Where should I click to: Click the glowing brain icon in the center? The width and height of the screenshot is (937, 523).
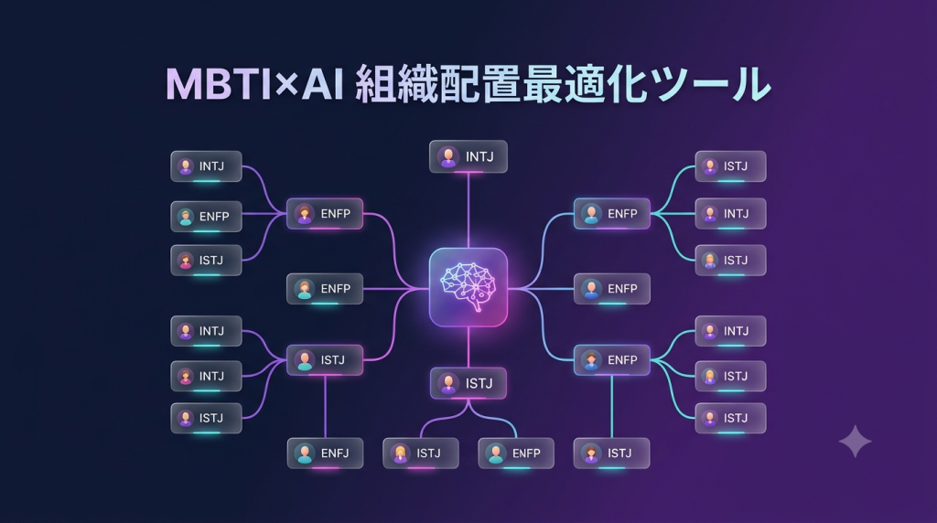pos(468,287)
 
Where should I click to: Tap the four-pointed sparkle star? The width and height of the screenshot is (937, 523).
pos(856,442)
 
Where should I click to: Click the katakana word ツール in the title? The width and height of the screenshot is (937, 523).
pos(710,85)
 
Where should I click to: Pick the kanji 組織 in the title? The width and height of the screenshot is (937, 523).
pos(396,85)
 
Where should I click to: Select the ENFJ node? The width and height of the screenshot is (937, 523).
pos(325,454)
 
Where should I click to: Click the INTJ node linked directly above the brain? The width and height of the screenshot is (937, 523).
pos(468,156)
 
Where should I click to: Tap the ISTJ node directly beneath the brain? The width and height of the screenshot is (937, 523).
pos(468,383)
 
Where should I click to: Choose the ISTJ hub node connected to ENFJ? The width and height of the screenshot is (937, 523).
pos(325,360)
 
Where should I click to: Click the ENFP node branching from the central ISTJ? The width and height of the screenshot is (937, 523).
pos(516,454)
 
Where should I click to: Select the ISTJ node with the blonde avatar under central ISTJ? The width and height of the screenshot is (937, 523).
pos(421,454)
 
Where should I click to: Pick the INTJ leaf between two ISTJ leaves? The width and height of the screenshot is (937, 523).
pos(730,214)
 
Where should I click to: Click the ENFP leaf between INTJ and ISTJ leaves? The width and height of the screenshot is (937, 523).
pos(206,217)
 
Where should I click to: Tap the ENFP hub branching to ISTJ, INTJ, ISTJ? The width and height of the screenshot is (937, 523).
pos(612,214)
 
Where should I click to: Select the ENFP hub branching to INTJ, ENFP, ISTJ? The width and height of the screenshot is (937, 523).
pos(325,214)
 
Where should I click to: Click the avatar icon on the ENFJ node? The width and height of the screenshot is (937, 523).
pos(305,454)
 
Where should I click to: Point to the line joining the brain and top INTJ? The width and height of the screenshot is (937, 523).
pos(468,210)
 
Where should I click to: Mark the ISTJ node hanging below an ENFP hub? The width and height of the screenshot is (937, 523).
pos(612,454)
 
